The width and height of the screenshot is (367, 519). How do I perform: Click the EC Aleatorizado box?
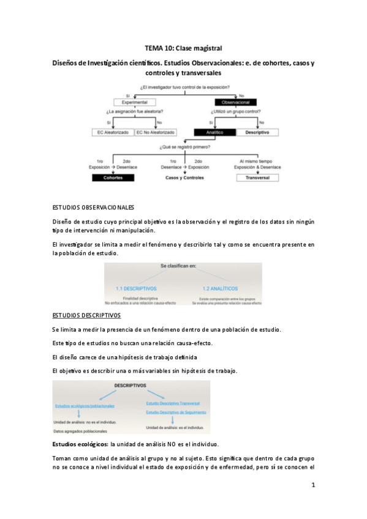pyautogui.click(x=113, y=132)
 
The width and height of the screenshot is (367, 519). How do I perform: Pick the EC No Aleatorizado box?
pyautogui.click(x=156, y=132)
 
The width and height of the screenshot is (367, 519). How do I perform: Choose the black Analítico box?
pyautogui.click(x=214, y=132)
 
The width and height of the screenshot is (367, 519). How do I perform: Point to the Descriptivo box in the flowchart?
pyautogui.click(x=257, y=132)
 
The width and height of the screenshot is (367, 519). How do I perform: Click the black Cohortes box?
pyautogui.click(x=112, y=177)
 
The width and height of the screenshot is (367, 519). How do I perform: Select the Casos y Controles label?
pyautogui.click(x=186, y=177)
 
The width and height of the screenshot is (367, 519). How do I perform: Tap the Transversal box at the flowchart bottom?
pyautogui.click(x=257, y=177)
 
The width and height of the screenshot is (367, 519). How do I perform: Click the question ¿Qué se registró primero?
pyautogui.click(x=185, y=147)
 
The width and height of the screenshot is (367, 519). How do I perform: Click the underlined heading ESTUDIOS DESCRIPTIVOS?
pyautogui.click(x=86, y=315)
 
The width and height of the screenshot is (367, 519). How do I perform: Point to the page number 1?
pyautogui.click(x=312, y=485)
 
